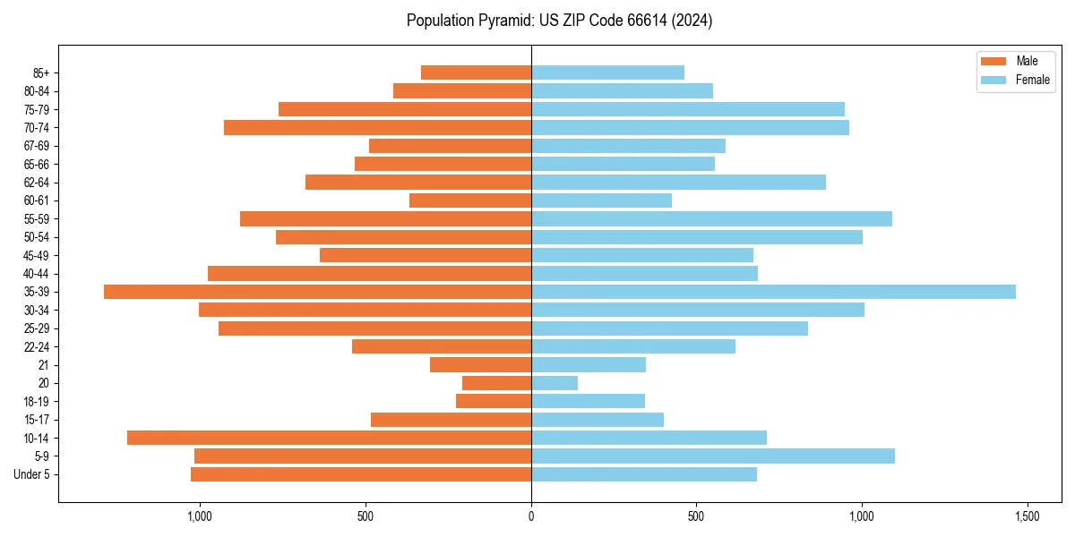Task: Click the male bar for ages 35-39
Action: pos(317,292)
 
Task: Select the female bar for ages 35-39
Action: pos(773,292)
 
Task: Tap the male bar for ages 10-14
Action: pos(329,438)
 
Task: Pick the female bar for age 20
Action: pos(555,383)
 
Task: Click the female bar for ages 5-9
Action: pos(713,456)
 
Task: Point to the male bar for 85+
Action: pos(476,72)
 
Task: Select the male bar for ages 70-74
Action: pos(377,127)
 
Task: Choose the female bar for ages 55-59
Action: pos(711,218)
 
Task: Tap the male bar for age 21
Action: pos(480,364)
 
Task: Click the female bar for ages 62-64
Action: pos(678,182)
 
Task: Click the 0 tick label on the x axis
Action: pos(531,516)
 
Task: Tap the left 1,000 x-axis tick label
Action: pos(199,516)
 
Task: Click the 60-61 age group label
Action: pos(37,200)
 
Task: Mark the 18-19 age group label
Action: pos(37,401)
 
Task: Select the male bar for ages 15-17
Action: pos(451,420)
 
